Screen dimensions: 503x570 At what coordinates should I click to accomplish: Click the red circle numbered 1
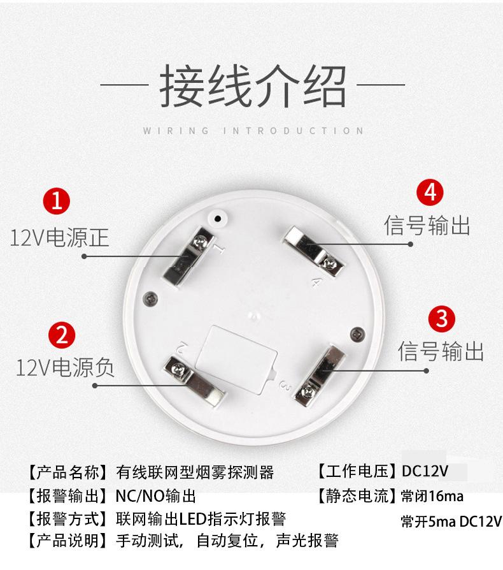point(57,201)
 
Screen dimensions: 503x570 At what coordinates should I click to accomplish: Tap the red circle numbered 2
point(62,335)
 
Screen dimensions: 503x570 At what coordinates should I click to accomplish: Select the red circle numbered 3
point(442,319)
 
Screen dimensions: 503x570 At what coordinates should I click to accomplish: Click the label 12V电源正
point(59,238)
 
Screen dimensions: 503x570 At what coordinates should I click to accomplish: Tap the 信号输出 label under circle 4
point(427,225)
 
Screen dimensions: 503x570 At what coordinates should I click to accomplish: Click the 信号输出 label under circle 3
point(441,351)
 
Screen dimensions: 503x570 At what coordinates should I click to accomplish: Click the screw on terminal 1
point(199,241)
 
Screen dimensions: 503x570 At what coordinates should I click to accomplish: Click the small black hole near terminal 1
point(218,219)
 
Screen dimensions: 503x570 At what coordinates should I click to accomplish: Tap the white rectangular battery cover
point(236,360)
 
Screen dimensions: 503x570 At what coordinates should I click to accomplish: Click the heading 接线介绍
point(253,86)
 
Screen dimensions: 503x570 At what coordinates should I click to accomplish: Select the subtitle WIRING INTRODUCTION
point(253,131)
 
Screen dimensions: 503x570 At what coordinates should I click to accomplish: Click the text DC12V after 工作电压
point(425,471)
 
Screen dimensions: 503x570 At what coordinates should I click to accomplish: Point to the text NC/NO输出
point(156,496)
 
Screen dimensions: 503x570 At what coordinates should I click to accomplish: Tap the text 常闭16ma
point(432,496)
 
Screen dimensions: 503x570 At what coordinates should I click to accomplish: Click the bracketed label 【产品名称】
point(67,472)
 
